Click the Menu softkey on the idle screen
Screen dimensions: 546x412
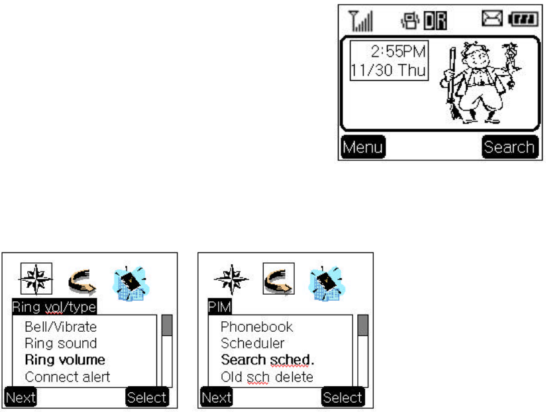click(362, 147)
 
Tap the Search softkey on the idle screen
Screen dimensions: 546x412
click(508, 147)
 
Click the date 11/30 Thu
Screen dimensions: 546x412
click(389, 69)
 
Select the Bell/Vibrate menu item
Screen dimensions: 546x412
click(60, 327)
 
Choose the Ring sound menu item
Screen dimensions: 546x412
click(60, 343)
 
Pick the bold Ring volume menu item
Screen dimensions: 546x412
click(65, 360)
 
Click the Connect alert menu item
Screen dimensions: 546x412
click(67, 377)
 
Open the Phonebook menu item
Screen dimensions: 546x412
click(256, 327)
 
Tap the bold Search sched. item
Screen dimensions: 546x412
click(267, 360)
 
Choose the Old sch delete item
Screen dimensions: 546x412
click(266, 377)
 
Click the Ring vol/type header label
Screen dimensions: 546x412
click(54, 307)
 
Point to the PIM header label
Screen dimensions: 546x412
click(215, 307)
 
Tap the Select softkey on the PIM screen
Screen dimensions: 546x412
click(343, 397)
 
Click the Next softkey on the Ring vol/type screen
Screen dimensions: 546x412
click(20, 397)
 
